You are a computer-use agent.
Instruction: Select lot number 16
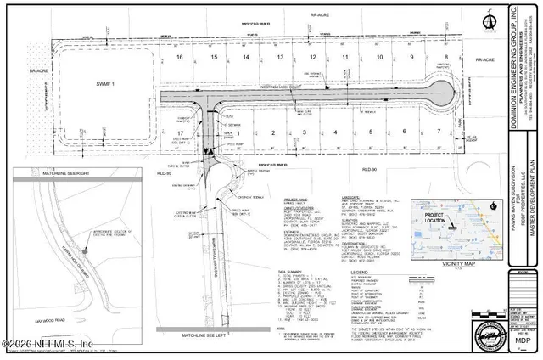(179, 57)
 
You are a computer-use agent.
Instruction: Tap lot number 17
(179, 133)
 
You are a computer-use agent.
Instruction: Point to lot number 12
(313, 57)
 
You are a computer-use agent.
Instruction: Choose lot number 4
(336, 132)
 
